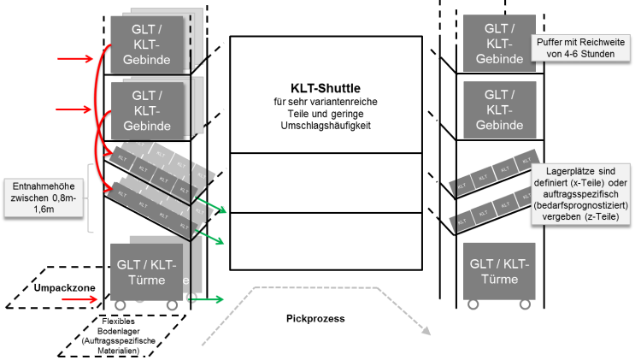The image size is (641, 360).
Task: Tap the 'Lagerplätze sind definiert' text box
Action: [x=581, y=194]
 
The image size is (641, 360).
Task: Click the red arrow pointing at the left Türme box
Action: [x=80, y=299]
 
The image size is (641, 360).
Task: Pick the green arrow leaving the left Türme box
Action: [x=209, y=299]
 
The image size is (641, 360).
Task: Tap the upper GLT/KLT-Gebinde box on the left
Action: [x=146, y=44]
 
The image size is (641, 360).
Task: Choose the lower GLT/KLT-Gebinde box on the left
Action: [x=146, y=109]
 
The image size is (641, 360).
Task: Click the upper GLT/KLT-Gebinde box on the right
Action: [x=498, y=43]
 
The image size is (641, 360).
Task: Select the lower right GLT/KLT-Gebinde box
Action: [x=498, y=109]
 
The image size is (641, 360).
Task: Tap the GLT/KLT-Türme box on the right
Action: [x=499, y=270]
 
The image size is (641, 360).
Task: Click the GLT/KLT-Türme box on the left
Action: [x=147, y=271]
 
